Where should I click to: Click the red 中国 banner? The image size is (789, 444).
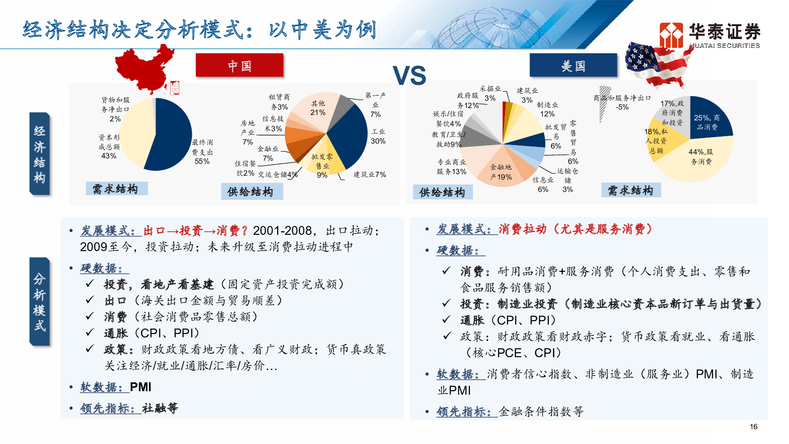(x=240, y=65)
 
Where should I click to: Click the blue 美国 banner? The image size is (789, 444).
(x=574, y=65)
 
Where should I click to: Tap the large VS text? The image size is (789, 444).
(x=409, y=75)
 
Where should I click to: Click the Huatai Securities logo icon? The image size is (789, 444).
(x=671, y=35)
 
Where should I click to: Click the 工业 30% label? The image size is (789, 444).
(x=378, y=136)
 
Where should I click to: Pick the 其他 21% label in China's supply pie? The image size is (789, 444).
(x=318, y=108)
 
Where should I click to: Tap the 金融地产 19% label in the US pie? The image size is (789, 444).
(x=501, y=172)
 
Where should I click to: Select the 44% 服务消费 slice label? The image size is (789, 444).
(x=701, y=157)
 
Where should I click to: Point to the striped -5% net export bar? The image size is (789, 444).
(x=605, y=105)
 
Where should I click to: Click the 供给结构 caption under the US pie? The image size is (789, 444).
(x=442, y=192)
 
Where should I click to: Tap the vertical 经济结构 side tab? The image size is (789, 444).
(x=39, y=154)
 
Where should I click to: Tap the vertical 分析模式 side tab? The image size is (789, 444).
(x=39, y=302)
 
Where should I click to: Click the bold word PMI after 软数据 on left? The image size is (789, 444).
(x=141, y=387)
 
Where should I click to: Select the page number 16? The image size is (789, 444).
(x=753, y=427)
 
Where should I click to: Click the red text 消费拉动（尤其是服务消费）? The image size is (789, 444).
(x=575, y=229)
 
